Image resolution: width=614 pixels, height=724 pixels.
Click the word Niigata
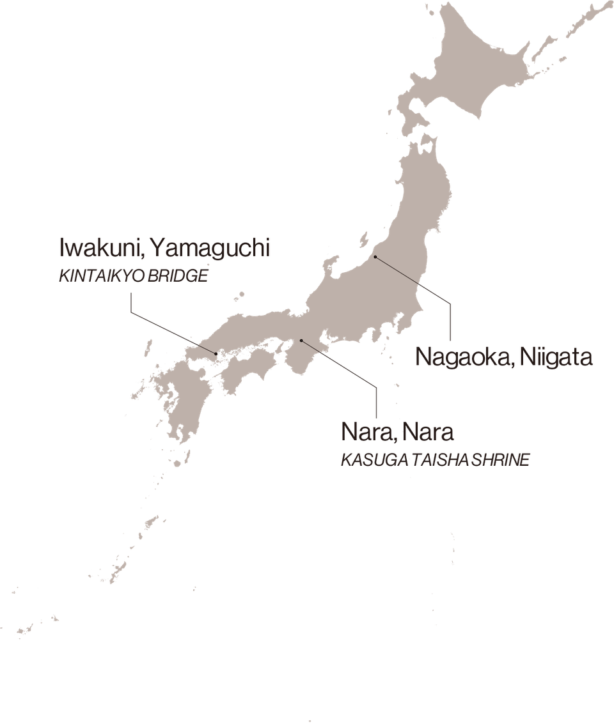[x=556, y=357]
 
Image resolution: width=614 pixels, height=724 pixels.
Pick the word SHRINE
[x=501, y=460]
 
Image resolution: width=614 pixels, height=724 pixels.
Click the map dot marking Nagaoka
[x=376, y=258]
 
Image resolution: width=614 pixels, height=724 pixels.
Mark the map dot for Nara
[x=301, y=341]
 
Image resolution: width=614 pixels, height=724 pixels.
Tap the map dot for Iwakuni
[x=215, y=352]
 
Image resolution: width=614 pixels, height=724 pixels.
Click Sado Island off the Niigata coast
[x=365, y=240]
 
